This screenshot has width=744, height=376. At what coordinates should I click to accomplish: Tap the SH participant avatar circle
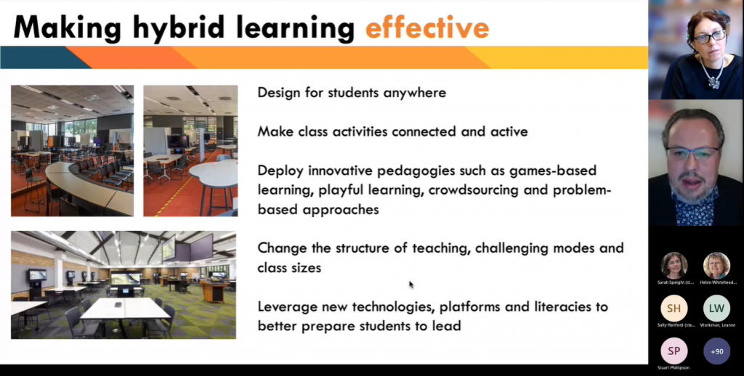674,308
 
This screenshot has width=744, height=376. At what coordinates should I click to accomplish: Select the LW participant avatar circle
716,308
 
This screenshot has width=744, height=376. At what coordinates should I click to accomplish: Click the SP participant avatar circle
674,351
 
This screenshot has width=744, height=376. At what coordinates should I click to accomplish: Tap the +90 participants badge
716,351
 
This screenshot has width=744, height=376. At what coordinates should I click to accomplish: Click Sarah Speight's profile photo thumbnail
674,265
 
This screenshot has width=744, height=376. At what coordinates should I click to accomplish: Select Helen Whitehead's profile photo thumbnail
716,265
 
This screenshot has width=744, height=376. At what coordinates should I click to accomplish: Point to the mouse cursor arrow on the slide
411,285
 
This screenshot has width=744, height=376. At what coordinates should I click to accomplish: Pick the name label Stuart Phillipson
674,368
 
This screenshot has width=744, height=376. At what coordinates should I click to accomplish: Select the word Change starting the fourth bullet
280,248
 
